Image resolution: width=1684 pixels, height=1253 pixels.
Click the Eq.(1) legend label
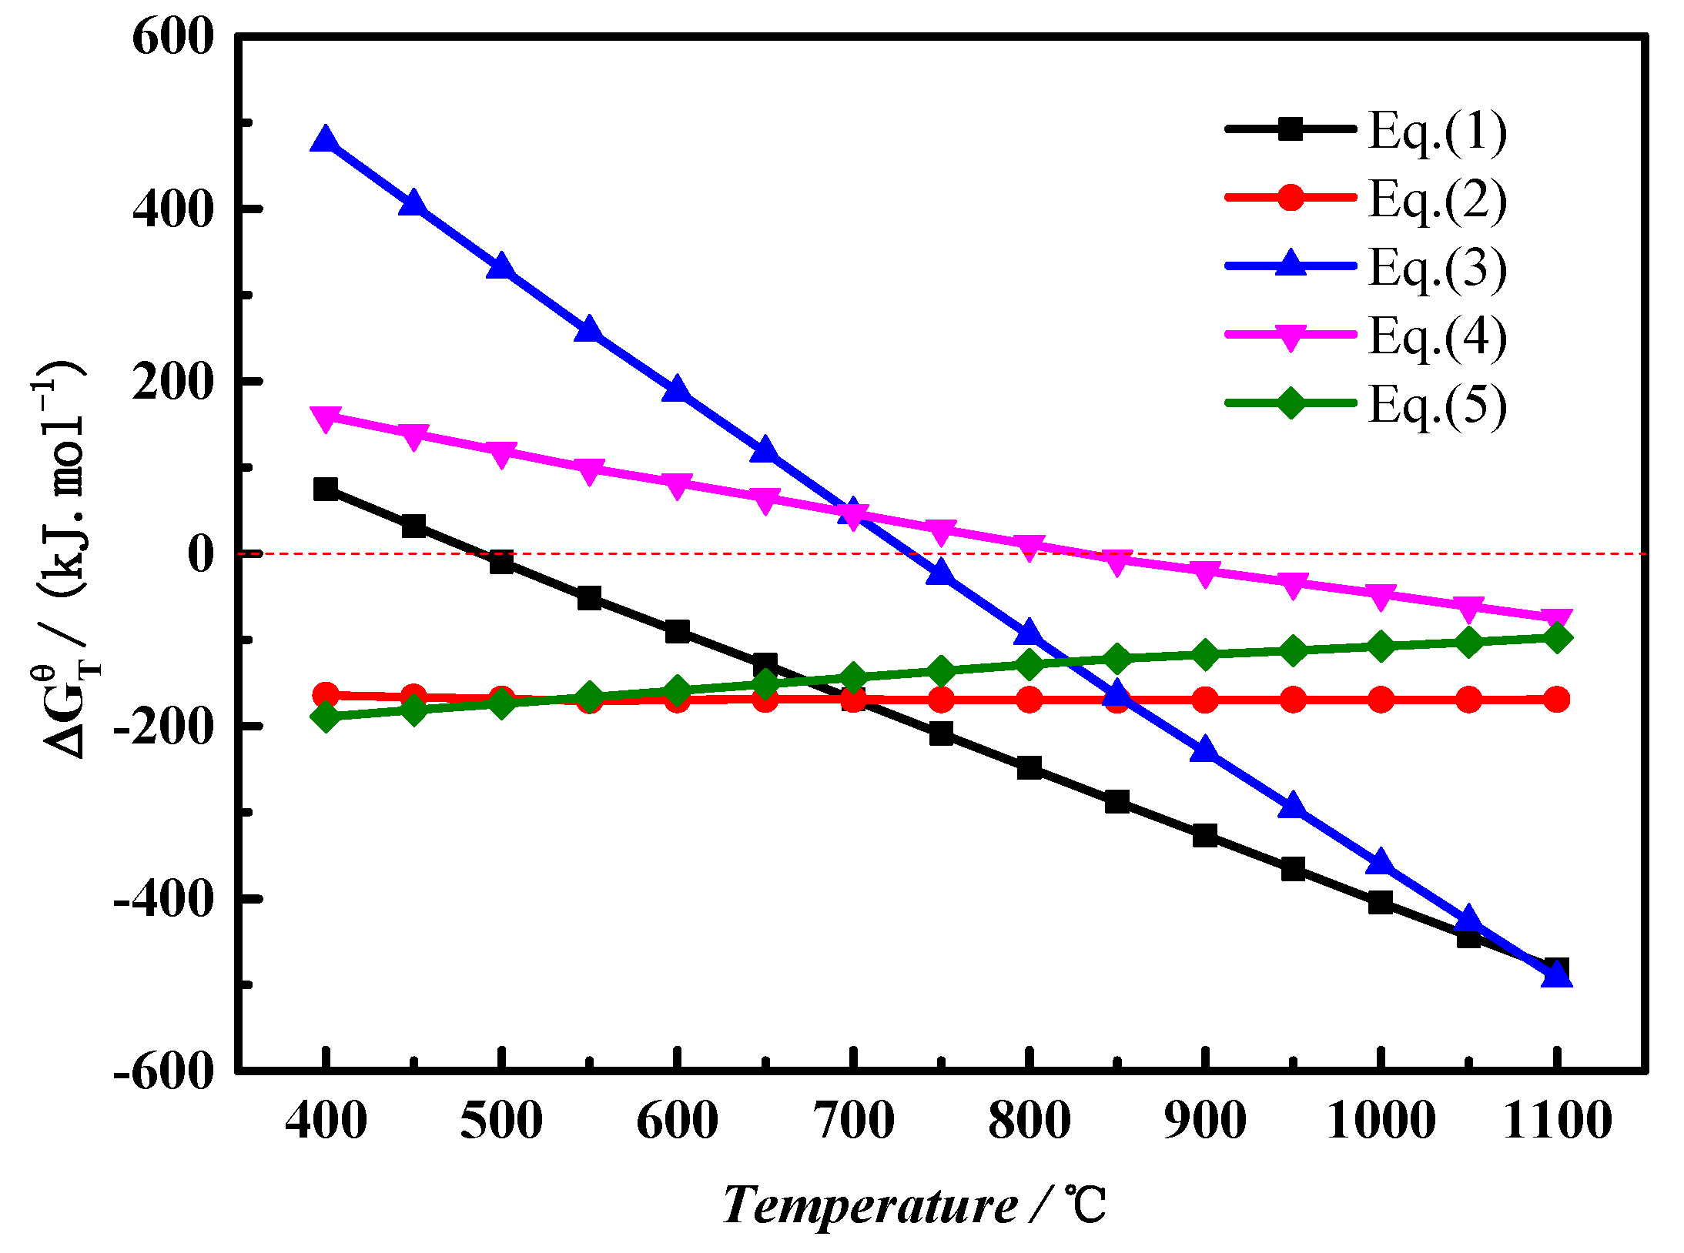pos(1437,132)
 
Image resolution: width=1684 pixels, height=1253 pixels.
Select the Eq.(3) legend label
pos(1437,269)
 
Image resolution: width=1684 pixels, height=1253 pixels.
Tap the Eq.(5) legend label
pos(1437,406)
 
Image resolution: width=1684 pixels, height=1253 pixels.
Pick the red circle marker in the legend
pos(1291,198)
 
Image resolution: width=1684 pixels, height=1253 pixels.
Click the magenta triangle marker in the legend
pos(1291,336)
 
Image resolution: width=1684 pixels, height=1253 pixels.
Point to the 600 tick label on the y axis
pos(172,37)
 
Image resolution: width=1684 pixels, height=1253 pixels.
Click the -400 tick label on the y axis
pos(163,898)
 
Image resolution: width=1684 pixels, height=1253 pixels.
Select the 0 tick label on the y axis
pos(201,554)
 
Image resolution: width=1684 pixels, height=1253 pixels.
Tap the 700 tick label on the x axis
pos(853,1121)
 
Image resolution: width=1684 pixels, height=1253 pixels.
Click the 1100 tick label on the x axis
pos(1557,1121)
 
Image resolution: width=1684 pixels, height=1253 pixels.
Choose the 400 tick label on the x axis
pos(326,1121)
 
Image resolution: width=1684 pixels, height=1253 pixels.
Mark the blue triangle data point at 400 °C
pos(326,141)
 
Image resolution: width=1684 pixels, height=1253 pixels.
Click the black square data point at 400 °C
pos(326,489)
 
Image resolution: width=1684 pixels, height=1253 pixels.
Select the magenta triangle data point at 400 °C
pos(326,418)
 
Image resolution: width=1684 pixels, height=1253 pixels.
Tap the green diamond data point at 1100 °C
pos(1557,638)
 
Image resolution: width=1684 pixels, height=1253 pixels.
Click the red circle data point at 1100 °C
pos(1557,700)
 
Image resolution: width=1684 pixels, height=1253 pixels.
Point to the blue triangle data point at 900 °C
pos(1205,749)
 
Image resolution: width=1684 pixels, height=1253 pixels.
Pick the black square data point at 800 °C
pos(1029,767)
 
